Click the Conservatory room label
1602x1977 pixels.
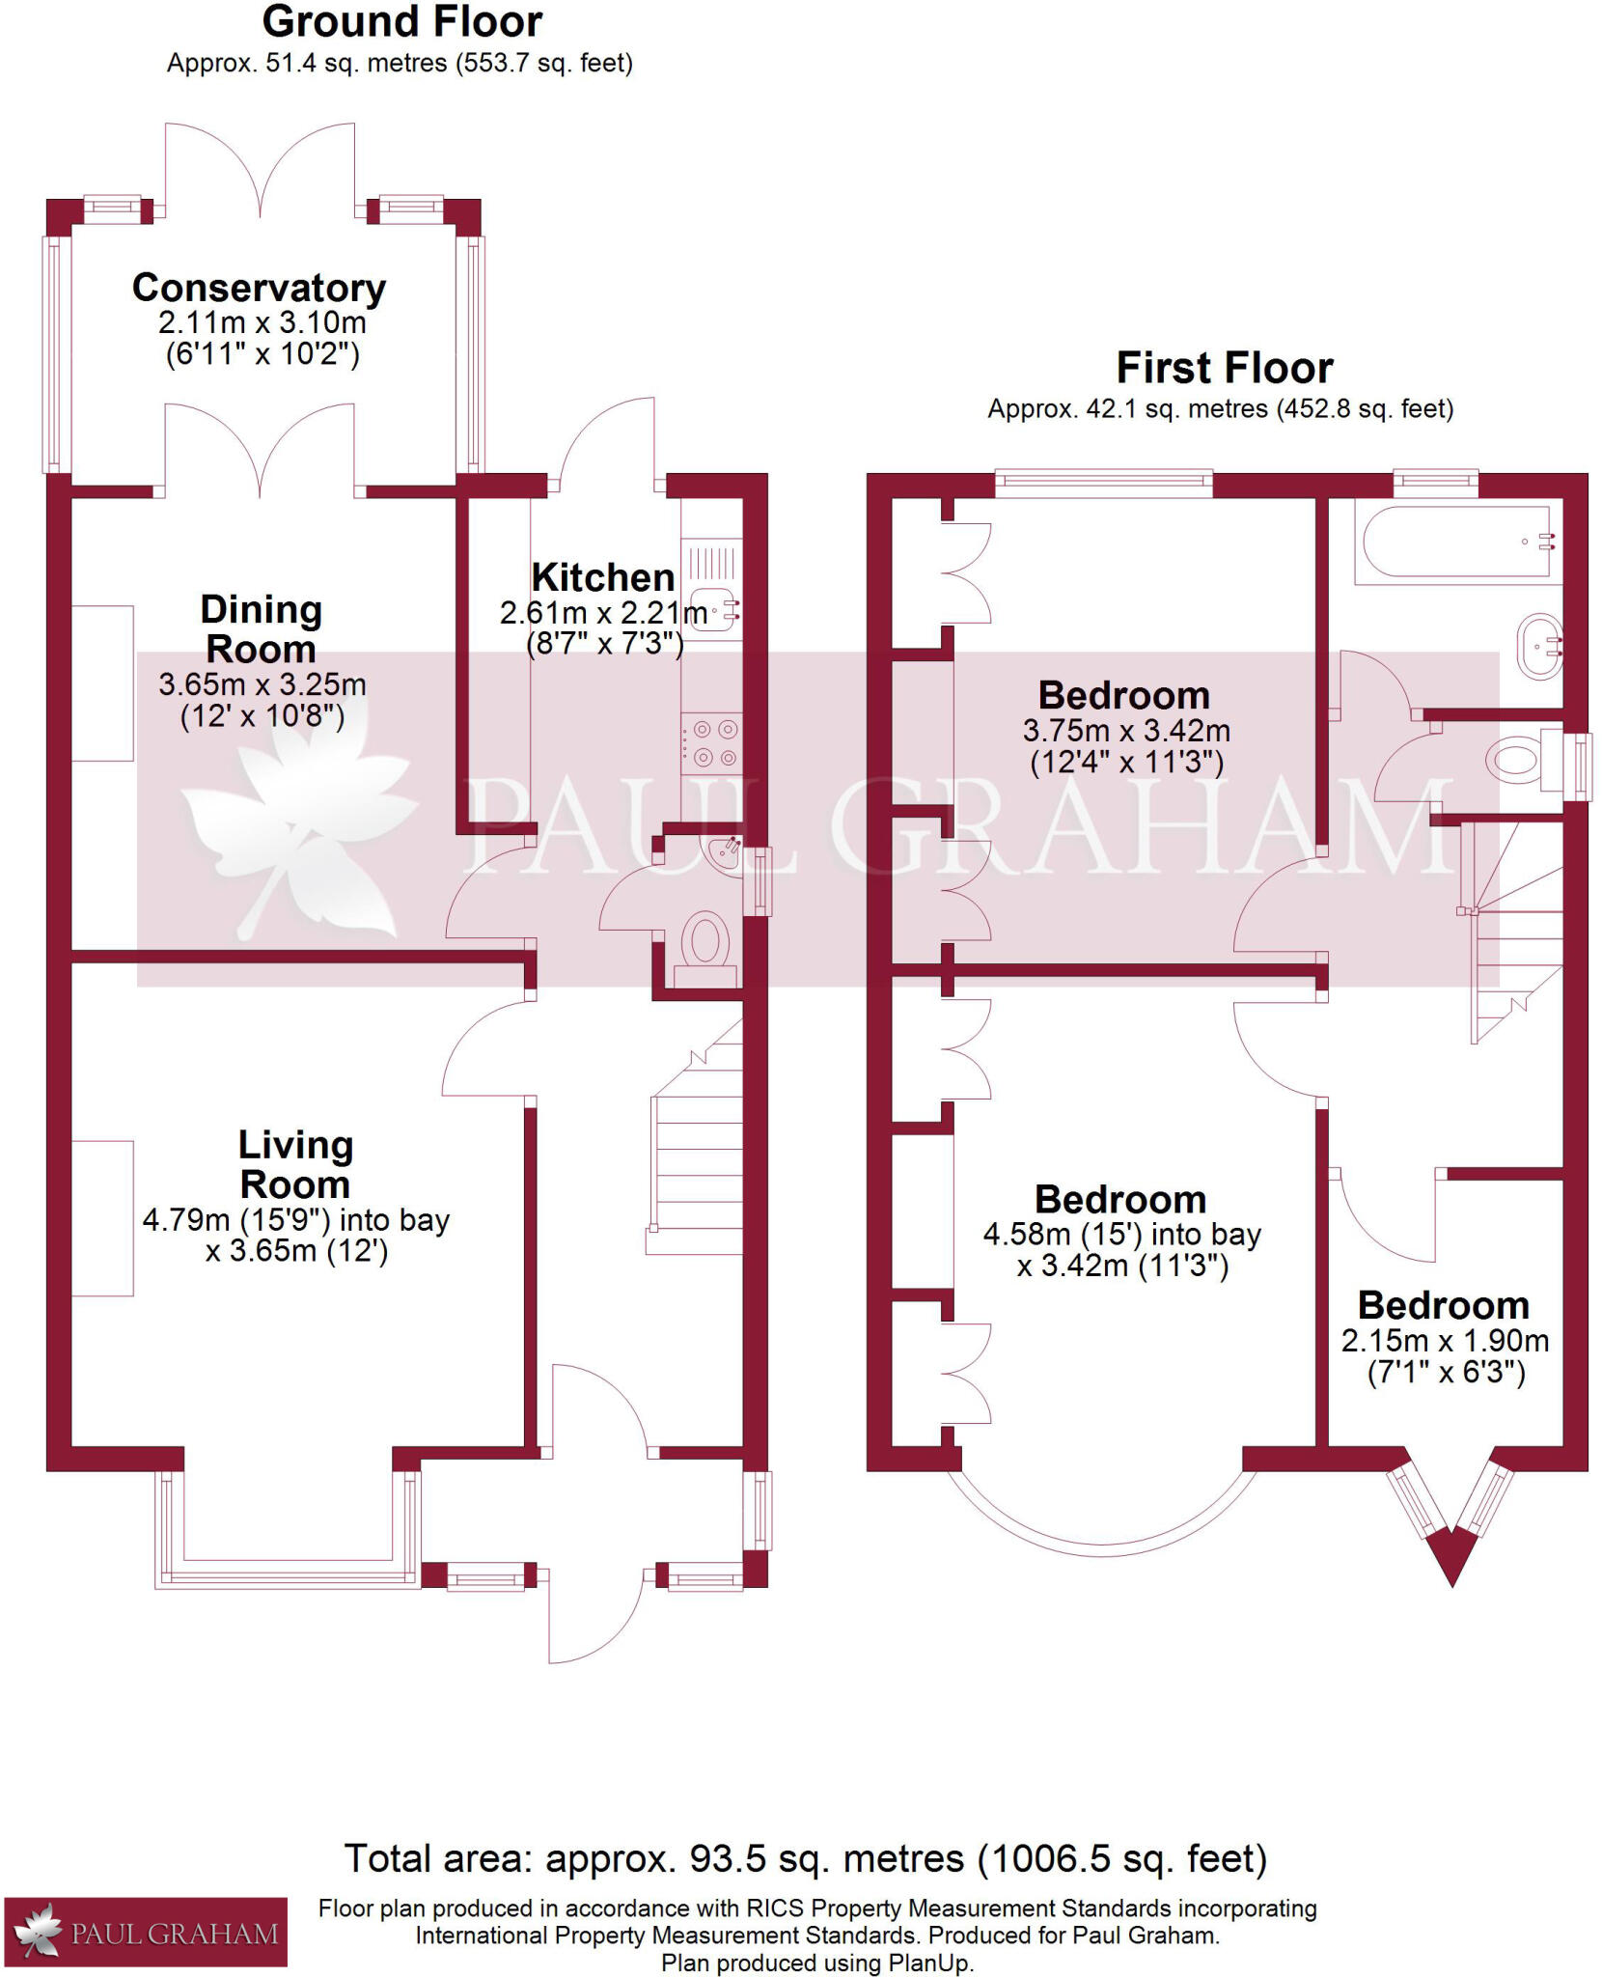click(259, 288)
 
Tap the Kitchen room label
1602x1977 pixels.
click(603, 577)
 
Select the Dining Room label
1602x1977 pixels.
click(261, 628)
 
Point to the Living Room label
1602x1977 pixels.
click(295, 1164)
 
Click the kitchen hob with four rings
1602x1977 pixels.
click(712, 743)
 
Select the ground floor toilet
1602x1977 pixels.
click(705, 942)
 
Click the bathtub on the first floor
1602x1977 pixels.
click(1457, 542)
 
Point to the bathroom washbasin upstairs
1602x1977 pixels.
click(1539, 646)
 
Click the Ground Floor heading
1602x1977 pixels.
click(401, 21)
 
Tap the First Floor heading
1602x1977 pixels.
click(1224, 368)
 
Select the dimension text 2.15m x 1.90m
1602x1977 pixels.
click(1445, 1340)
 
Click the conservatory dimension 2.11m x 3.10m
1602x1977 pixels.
click(262, 321)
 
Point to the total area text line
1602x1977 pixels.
click(805, 1858)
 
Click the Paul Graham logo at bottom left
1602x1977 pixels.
click(146, 1933)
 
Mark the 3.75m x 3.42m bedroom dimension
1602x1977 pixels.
click(1126, 730)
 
